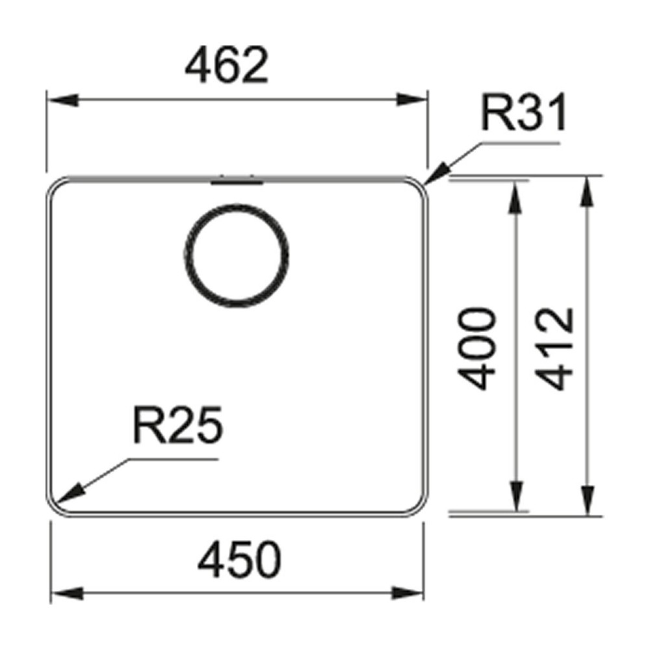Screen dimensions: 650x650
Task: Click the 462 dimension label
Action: [226, 66]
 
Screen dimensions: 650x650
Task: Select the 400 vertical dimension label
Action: [476, 348]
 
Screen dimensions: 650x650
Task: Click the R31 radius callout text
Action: [523, 113]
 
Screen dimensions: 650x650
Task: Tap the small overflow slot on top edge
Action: [237, 182]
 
